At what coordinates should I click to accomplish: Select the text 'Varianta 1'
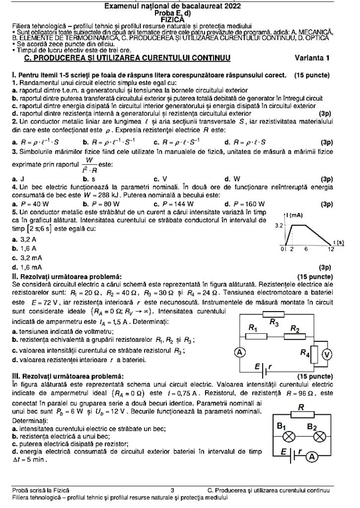click(x=312, y=58)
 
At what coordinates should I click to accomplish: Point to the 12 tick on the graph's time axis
click(x=330, y=249)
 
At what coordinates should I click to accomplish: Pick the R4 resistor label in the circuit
click(x=305, y=353)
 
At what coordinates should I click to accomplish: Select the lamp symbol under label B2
click(x=320, y=436)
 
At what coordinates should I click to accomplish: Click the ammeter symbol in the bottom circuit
click(x=311, y=457)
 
